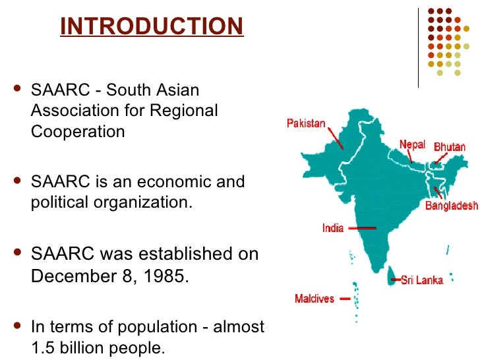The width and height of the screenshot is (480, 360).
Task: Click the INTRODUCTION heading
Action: [x=152, y=26]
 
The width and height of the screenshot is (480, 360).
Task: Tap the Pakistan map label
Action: [x=306, y=123]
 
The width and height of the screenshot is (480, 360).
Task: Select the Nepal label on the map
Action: [x=413, y=144]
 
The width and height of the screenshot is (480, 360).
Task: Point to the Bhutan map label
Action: [x=450, y=146]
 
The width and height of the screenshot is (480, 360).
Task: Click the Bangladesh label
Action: [x=451, y=206]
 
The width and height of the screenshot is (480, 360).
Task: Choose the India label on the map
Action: [x=333, y=228]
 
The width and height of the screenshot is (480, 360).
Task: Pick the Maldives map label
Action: [x=315, y=299]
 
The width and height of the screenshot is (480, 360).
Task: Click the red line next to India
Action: [x=361, y=228]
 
